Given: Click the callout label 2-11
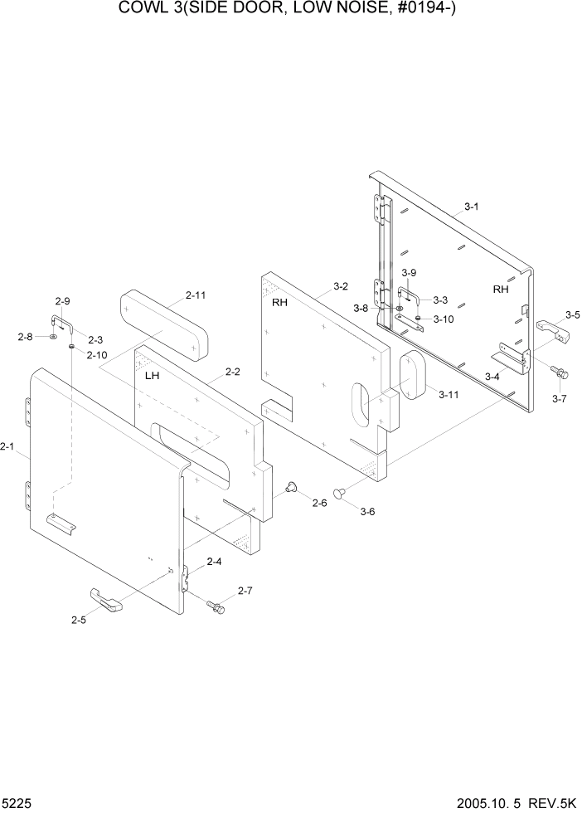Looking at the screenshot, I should click(196, 295).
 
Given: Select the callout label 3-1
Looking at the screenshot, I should click(471, 207).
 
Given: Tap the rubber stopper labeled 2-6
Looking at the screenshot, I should click(291, 487).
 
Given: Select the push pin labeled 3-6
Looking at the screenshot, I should click(340, 494).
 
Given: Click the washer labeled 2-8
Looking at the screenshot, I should click(53, 338).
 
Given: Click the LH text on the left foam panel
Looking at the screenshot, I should click(152, 376).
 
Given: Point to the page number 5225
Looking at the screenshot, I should click(18, 804).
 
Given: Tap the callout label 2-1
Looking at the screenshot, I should click(7, 447).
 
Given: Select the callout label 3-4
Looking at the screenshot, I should click(492, 377).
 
